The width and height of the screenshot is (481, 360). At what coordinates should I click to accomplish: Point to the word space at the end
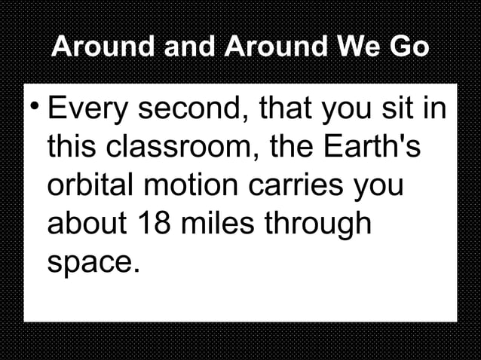(92, 262)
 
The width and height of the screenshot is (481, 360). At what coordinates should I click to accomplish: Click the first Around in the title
(103, 48)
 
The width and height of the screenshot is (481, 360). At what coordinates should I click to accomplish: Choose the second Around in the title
(271, 48)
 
